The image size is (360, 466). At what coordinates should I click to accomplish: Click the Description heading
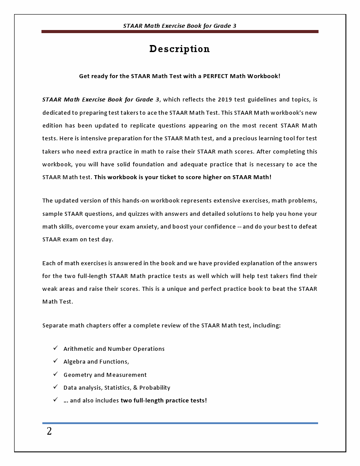[x=180, y=49]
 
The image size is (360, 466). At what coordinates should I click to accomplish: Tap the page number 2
[x=49, y=432]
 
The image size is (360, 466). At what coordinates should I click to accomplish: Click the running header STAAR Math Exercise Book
[x=180, y=26]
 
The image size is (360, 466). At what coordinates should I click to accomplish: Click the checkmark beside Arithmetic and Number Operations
[x=56, y=348]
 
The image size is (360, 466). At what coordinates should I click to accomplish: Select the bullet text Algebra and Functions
[x=96, y=362]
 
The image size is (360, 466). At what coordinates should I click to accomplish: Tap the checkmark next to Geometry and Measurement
[x=56, y=374]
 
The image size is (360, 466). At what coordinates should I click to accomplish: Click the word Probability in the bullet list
[x=155, y=388]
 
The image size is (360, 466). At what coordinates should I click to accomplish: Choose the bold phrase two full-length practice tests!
[x=164, y=401]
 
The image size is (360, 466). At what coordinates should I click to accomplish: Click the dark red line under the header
[x=180, y=32]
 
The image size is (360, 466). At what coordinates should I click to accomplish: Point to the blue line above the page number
[x=180, y=423]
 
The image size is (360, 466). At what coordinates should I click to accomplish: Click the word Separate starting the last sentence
[x=55, y=326]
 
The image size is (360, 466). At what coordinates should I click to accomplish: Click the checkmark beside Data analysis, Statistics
[x=56, y=387]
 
